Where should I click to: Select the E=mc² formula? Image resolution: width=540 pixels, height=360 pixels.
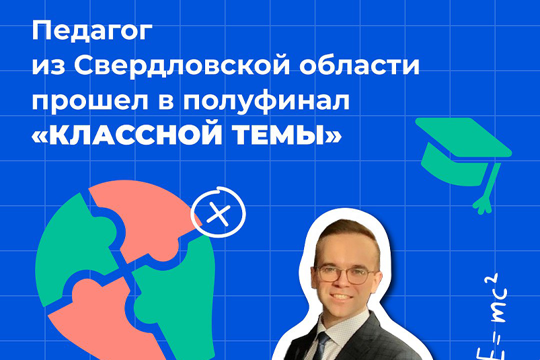point(492,317)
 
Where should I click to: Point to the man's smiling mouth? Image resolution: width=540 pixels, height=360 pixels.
point(341,296)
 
